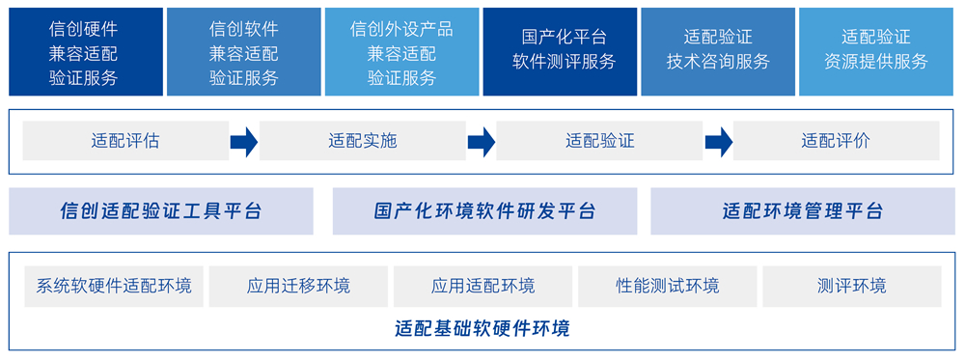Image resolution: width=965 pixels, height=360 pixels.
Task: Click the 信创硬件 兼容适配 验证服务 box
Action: (x=86, y=52)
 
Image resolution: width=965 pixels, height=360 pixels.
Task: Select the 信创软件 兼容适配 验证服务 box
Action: (x=244, y=52)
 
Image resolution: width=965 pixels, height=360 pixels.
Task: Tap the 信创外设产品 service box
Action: (x=401, y=52)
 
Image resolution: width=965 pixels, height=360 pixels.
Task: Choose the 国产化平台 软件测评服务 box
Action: (x=560, y=52)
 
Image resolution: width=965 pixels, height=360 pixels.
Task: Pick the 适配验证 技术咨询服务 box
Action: (x=718, y=52)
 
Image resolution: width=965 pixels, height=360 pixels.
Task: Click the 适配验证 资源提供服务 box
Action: (x=876, y=52)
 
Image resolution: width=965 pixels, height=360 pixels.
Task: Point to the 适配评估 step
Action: (x=125, y=141)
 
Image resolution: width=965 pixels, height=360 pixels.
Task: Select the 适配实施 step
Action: (x=363, y=141)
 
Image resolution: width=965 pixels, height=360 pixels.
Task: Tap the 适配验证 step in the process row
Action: (x=599, y=141)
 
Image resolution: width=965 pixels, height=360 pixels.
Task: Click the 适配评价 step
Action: (x=837, y=141)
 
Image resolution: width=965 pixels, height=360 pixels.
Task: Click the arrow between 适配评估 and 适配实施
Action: (x=244, y=142)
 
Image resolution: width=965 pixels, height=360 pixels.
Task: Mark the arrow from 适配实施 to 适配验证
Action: (x=482, y=142)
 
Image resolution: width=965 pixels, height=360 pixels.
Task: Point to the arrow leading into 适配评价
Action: (x=718, y=142)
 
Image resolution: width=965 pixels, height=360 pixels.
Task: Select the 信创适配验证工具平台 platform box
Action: (x=161, y=211)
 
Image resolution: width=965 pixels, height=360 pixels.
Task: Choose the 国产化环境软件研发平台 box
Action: (x=485, y=211)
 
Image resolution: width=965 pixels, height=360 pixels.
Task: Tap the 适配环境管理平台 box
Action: (x=803, y=211)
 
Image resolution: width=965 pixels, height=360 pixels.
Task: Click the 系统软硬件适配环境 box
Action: (x=114, y=286)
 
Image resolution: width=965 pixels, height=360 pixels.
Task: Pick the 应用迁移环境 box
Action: (x=298, y=286)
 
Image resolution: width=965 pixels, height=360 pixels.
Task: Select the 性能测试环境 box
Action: (x=668, y=286)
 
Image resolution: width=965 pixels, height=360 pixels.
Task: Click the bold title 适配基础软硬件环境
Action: (x=482, y=328)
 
